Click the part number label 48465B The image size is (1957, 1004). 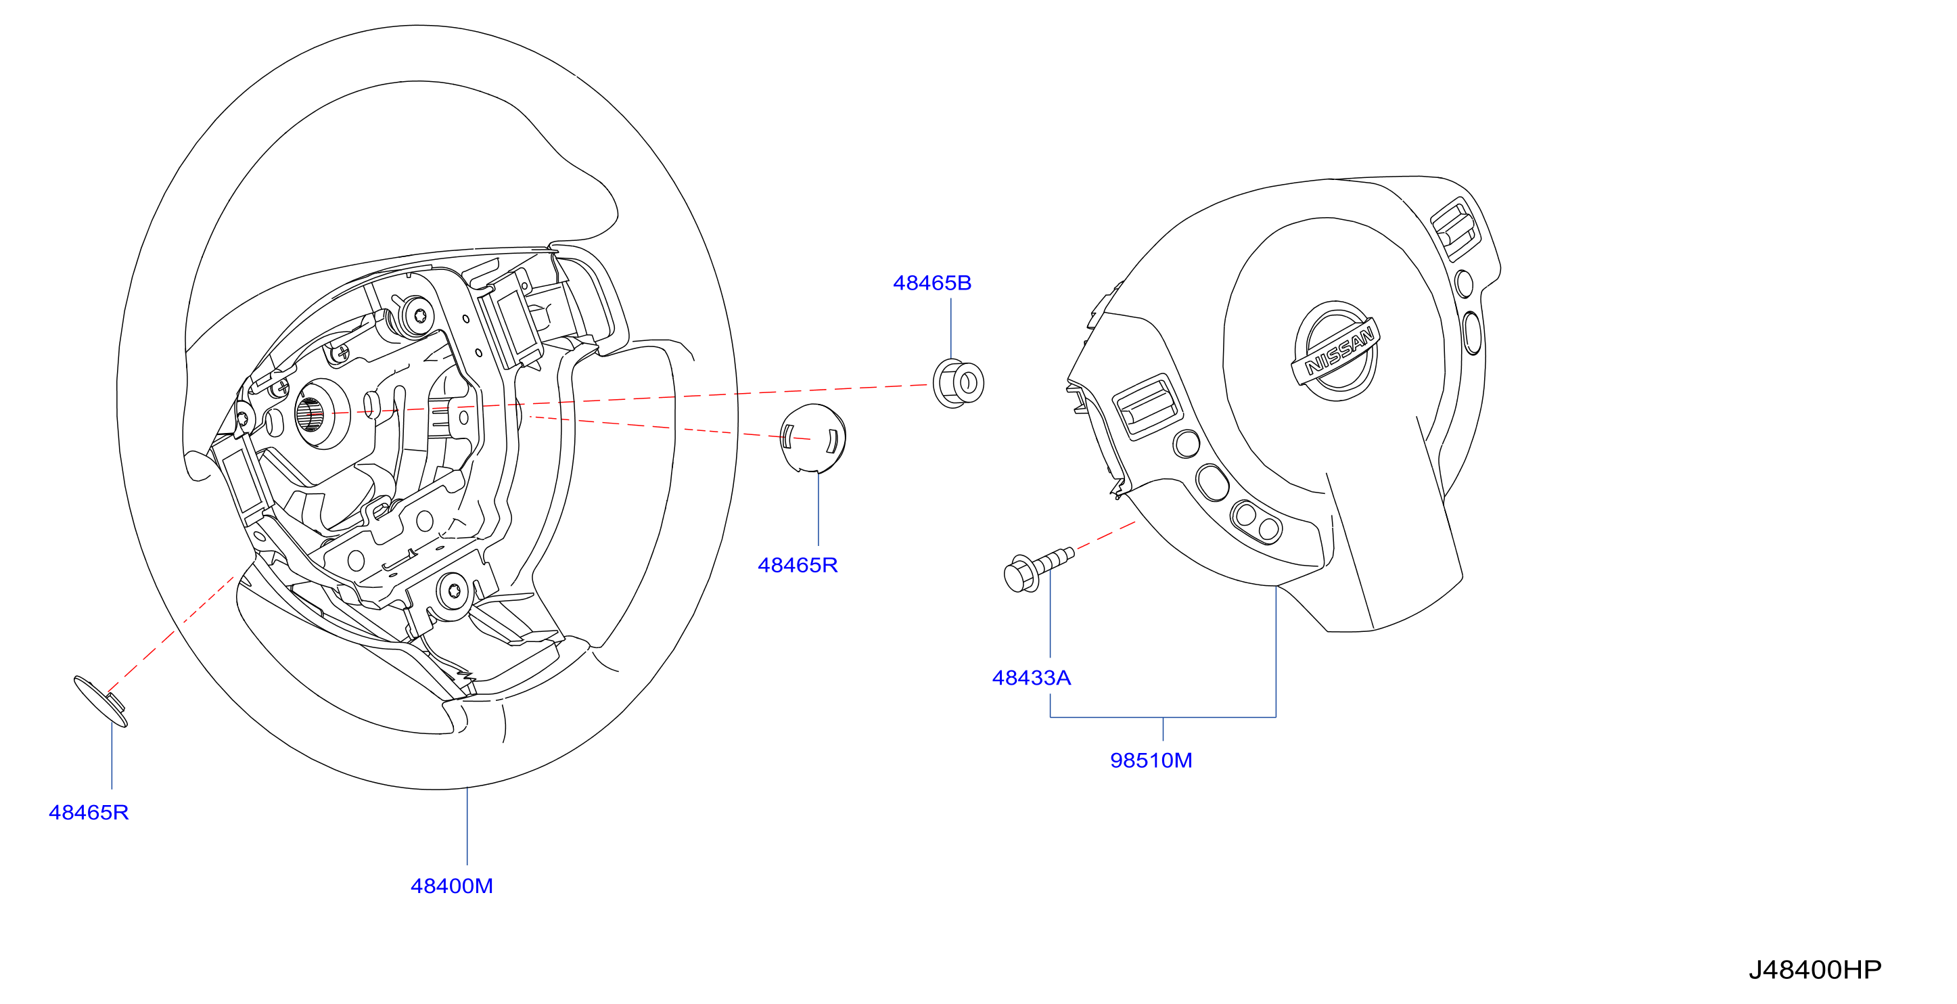pyautogui.click(x=931, y=283)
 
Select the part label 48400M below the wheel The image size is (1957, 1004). pyautogui.click(x=451, y=886)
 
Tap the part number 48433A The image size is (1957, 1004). pyautogui.click(x=1031, y=677)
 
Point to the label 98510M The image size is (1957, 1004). pyautogui.click(x=1151, y=760)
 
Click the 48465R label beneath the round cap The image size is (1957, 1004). pyautogui.click(x=797, y=565)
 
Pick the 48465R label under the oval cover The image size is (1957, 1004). pyautogui.click(x=88, y=813)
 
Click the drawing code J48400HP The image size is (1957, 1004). pyautogui.click(x=1814, y=969)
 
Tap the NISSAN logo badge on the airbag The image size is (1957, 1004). pyautogui.click(x=1335, y=350)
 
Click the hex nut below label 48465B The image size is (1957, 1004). pyautogui.click(x=958, y=383)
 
